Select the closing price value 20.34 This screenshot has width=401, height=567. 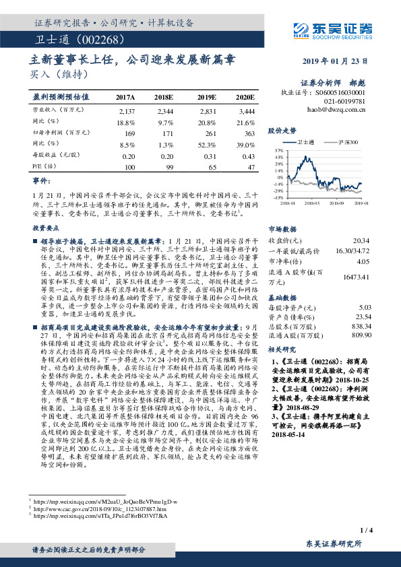(x=361, y=240)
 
